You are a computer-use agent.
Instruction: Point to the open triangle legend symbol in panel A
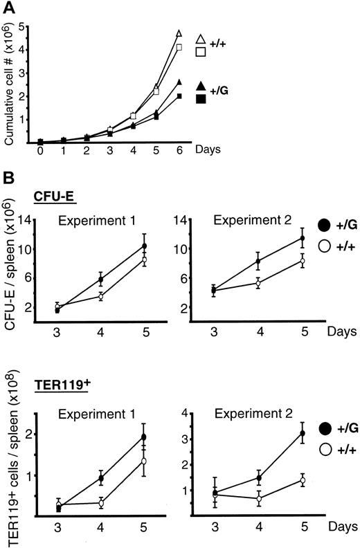tap(201, 39)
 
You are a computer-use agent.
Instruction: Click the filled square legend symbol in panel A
tap(201, 100)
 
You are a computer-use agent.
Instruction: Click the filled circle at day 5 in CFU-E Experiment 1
tap(144, 246)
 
